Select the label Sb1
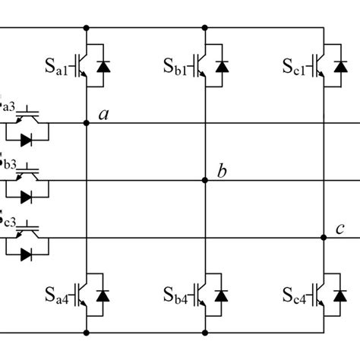[x=177, y=67]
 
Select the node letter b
[x=221, y=172]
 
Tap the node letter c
[x=339, y=229]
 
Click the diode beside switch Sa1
[x=104, y=66]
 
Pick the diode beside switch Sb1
[x=222, y=66]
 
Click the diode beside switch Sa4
[x=104, y=293]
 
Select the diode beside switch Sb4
[x=222, y=293]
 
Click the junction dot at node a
[x=87, y=123]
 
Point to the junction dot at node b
[x=205, y=181]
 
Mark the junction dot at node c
[x=323, y=238]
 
